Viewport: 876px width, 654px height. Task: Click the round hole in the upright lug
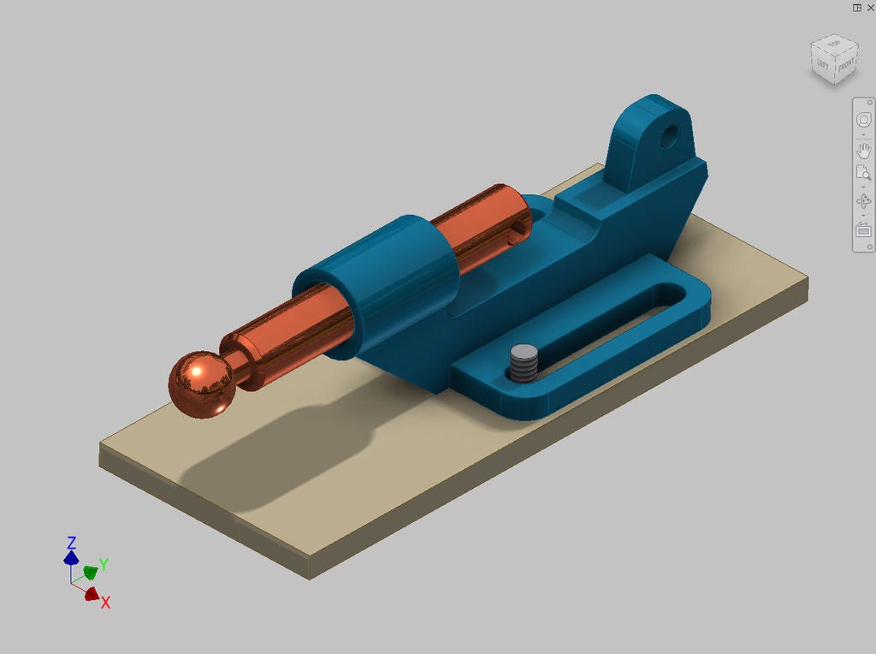pos(669,134)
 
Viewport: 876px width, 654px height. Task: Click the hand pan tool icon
pos(863,152)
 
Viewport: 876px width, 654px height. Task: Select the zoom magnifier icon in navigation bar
pos(863,174)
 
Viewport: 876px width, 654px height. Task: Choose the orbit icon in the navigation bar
pos(863,202)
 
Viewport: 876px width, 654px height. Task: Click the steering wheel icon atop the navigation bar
pos(863,121)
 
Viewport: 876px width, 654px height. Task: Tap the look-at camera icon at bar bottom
pos(863,230)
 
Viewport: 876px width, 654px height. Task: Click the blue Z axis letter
pos(72,543)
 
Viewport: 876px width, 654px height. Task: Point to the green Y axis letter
pos(103,564)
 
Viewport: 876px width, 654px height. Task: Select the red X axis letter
pos(105,603)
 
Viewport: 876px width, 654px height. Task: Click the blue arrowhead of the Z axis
pos(71,558)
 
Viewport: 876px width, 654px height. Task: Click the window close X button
pos(871,7)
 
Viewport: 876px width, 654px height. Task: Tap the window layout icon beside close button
pos(856,7)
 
